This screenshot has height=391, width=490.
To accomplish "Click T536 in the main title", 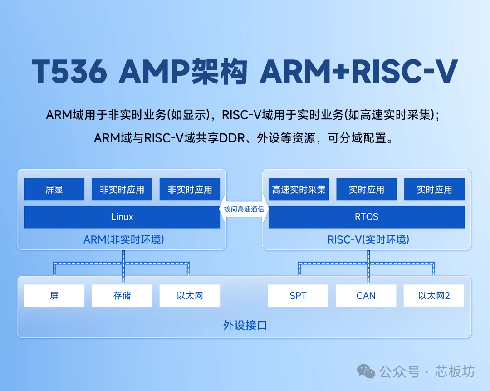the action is (x=69, y=71).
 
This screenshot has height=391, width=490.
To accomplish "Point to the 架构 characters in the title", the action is (x=219, y=71).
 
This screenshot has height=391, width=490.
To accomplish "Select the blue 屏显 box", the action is (x=54, y=190).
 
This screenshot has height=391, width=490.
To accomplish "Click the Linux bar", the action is (x=122, y=217).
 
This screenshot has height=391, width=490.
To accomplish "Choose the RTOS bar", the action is (x=367, y=217).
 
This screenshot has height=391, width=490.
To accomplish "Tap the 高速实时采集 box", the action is (x=299, y=190).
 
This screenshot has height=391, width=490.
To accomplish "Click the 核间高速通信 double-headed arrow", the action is (x=244, y=209).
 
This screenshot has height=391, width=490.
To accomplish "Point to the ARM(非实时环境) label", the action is (x=124, y=240).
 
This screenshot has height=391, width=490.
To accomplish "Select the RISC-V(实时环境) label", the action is (x=368, y=240).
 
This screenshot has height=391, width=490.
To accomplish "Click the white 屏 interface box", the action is (x=54, y=296).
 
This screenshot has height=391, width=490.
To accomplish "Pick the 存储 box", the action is (x=122, y=296).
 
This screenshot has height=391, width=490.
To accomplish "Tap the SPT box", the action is (x=298, y=296).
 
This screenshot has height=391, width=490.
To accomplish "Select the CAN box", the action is (x=366, y=296).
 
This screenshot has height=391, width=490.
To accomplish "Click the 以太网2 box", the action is (x=434, y=296).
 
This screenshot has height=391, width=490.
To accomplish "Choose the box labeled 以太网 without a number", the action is (x=190, y=296).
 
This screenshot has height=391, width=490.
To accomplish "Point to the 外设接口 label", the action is (x=245, y=326).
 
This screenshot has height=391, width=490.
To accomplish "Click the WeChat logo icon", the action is (x=366, y=371).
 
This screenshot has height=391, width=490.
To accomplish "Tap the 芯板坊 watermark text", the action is (x=455, y=371).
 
